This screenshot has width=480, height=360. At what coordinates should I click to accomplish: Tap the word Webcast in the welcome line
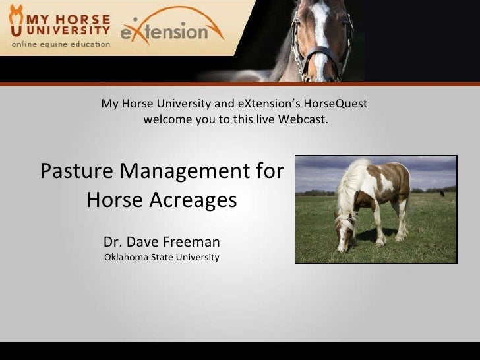303,121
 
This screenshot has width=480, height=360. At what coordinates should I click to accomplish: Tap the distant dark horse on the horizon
441,193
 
